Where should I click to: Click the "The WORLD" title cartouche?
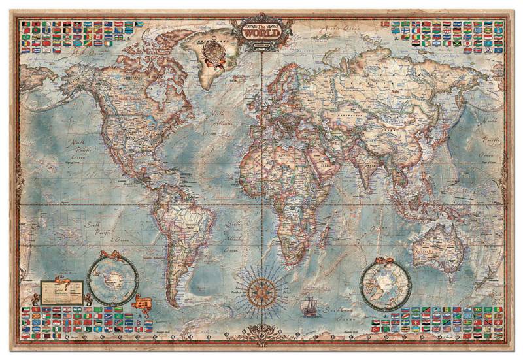click(x=261, y=30)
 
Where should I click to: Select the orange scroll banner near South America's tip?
click(x=144, y=303)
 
